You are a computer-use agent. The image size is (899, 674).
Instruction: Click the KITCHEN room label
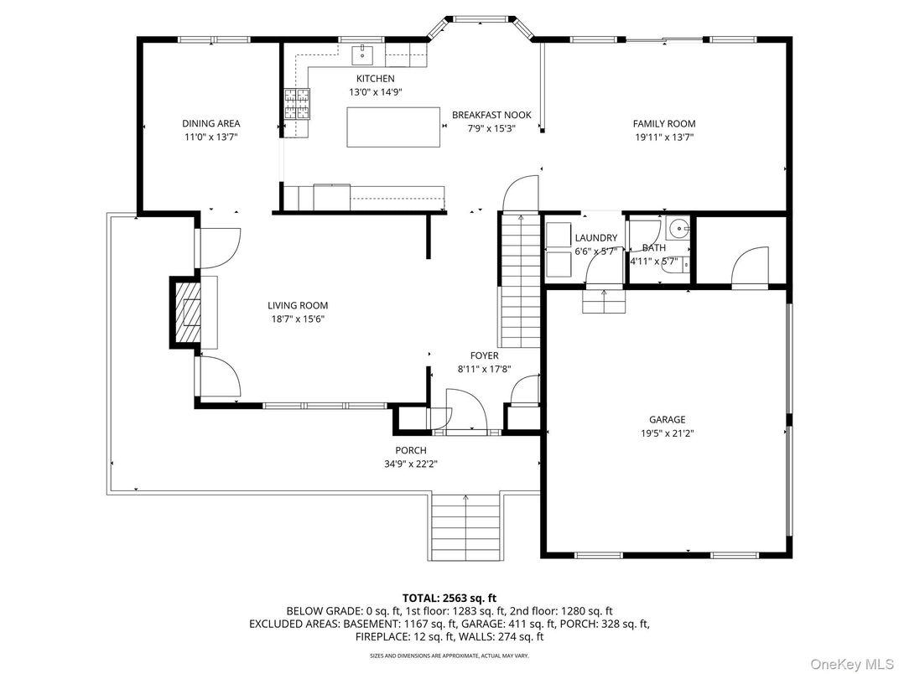pos(375,79)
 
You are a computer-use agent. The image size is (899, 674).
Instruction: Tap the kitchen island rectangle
pos(394,127)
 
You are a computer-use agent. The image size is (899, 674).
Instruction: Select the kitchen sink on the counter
pos(362,56)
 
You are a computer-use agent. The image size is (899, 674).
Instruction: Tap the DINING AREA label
pos(210,123)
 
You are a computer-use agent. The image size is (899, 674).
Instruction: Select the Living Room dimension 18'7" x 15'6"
pos(298,319)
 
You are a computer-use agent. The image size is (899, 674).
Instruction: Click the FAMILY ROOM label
pos(663,124)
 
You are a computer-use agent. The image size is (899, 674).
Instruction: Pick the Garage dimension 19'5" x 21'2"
pos(667,433)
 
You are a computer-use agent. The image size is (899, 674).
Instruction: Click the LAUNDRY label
pos(596,238)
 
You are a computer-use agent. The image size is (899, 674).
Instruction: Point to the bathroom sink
pos(678,226)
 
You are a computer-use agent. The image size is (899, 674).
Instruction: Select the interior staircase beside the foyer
pos(520,281)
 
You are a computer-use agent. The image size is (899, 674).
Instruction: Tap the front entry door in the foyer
pos(466,411)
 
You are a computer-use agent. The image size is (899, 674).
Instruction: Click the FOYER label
pos(484,355)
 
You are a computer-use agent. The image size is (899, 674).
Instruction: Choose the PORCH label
pos(411,450)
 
